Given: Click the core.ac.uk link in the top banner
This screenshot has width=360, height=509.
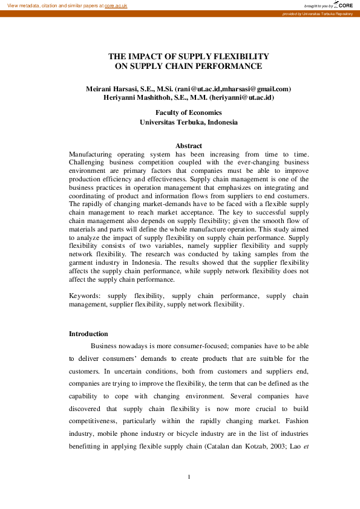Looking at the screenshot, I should point(116,5).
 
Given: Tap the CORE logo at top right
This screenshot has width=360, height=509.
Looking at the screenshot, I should point(345,5).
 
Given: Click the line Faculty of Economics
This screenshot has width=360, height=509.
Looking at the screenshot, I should point(188,112).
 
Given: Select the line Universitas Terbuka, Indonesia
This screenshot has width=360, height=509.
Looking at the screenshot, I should point(188,122).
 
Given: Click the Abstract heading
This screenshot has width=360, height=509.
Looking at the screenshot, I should point(188,146).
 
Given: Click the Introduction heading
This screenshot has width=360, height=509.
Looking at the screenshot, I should point(88,334).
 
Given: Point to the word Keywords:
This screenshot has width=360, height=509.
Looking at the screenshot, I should point(85,296).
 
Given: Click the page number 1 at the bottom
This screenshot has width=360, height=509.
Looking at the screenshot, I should point(189,478).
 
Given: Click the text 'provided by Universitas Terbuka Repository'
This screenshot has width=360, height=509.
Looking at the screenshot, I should point(321,13).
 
